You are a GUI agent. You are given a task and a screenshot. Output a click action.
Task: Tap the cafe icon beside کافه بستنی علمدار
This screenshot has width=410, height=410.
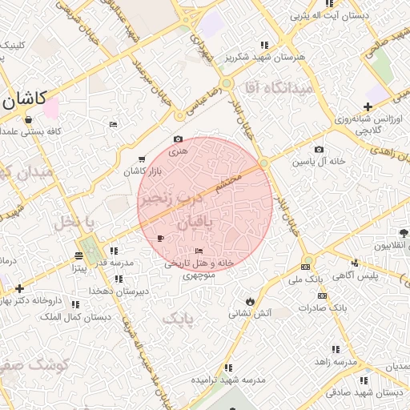[x=28, y=120]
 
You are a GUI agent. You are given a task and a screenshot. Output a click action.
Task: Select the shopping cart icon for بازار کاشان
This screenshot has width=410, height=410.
[x=143, y=159]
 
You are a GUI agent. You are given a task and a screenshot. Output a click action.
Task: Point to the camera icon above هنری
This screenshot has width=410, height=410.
[x=178, y=139]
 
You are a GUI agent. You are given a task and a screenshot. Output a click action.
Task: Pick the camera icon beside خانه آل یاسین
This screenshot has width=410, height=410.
[x=320, y=149]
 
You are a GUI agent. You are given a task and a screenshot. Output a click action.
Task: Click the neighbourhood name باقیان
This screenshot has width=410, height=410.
[x=194, y=225]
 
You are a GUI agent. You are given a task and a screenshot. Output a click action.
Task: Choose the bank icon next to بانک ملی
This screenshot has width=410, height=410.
[x=306, y=267]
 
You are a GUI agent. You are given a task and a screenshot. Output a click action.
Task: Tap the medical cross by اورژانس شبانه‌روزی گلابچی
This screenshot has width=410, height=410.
[x=368, y=107]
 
